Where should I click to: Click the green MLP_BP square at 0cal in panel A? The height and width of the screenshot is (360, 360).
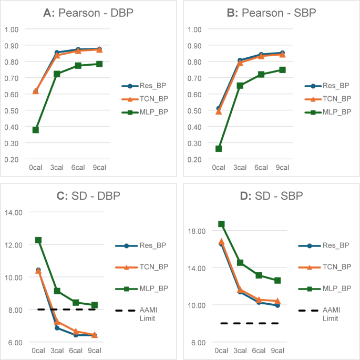click(x=36, y=130)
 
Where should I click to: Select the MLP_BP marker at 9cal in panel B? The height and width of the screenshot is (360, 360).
click(x=282, y=70)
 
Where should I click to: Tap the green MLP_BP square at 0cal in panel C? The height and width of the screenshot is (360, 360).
click(x=38, y=240)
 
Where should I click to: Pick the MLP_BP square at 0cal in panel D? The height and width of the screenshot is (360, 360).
click(x=221, y=224)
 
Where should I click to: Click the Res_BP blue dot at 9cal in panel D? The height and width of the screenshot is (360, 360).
click(x=277, y=305)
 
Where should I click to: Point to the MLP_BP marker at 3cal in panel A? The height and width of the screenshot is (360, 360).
click(x=57, y=74)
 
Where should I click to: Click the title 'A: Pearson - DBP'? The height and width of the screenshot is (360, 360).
click(x=88, y=13)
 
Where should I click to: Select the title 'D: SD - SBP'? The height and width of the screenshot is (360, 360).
click(x=271, y=196)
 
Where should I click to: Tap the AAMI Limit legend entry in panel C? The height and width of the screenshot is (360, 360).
click(x=136, y=314)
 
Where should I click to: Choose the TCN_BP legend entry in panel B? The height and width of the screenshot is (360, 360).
click(x=328, y=99)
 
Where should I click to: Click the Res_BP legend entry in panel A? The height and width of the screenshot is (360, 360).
click(x=144, y=86)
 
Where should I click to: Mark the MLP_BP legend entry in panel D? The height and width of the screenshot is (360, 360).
click(x=325, y=289)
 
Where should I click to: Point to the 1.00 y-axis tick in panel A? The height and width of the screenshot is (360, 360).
click(x=12, y=29)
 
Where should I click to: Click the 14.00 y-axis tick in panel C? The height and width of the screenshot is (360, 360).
click(x=14, y=213)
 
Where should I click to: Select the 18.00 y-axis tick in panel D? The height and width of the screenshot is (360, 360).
click(x=197, y=231)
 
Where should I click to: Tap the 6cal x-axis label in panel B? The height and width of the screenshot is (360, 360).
click(x=261, y=168)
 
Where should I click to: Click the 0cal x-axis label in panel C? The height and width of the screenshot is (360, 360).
click(x=38, y=351)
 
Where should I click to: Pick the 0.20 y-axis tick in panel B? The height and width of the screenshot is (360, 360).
click(x=194, y=160)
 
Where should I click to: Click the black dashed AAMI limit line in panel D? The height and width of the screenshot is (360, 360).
click(x=250, y=323)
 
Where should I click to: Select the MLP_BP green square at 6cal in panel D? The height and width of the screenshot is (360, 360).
click(x=259, y=275)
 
